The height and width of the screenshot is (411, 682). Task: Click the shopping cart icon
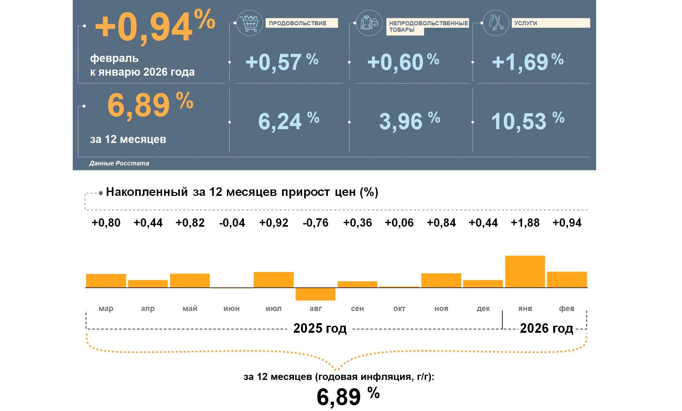pyautogui.click(x=250, y=23)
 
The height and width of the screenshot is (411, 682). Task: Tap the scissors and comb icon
pyautogui.click(x=495, y=22)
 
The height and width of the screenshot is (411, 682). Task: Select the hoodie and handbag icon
pyautogui.click(x=369, y=23)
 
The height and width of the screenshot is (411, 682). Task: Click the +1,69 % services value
pyautogui.click(x=527, y=62)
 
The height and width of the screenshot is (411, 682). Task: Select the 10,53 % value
pyautogui.click(x=527, y=121)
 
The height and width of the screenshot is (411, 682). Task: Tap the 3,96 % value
pyautogui.click(x=409, y=121)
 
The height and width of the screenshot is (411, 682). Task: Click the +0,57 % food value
pyautogui.click(x=281, y=62)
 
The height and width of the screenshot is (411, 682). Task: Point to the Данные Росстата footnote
pyautogui.click(x=119, y=163)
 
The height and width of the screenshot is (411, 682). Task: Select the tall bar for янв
pyautogui.click(x=525, y=271)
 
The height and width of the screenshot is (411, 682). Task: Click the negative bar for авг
pyautogui.click(x=315, y=294)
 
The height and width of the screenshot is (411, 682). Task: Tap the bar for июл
pyautogui.click(x=273, y=280)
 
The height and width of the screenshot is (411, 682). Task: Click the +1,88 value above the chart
pyautogui.click(x=525, y=222)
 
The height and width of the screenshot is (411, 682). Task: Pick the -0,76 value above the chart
pyautogui.click(x=315, y=222)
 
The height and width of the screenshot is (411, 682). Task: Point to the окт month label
pyautogui.click(x=399, y=308)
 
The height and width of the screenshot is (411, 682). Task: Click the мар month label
pyautogui.click(x=106, y=308)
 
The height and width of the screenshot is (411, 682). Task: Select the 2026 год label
pyautogui.click(x=546, y=328)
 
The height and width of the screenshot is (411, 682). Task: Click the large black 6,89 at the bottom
pyautogui.click(x=339, y=397)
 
